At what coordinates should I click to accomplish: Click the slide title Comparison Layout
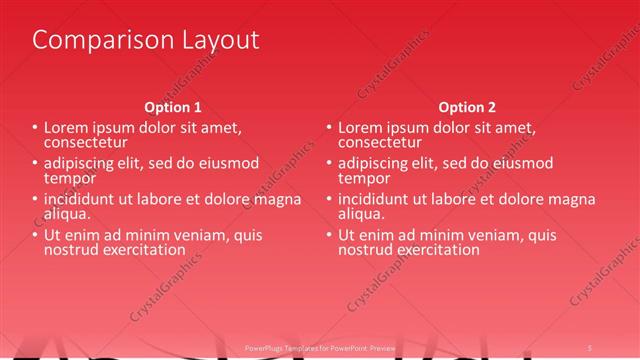146,40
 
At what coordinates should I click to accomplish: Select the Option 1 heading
173,107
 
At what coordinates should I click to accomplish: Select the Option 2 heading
467,107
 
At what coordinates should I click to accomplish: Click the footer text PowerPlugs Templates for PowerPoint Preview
321,347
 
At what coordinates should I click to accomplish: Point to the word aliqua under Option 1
67,214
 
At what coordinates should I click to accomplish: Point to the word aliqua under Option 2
361,214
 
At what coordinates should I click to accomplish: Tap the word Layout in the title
214,40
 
